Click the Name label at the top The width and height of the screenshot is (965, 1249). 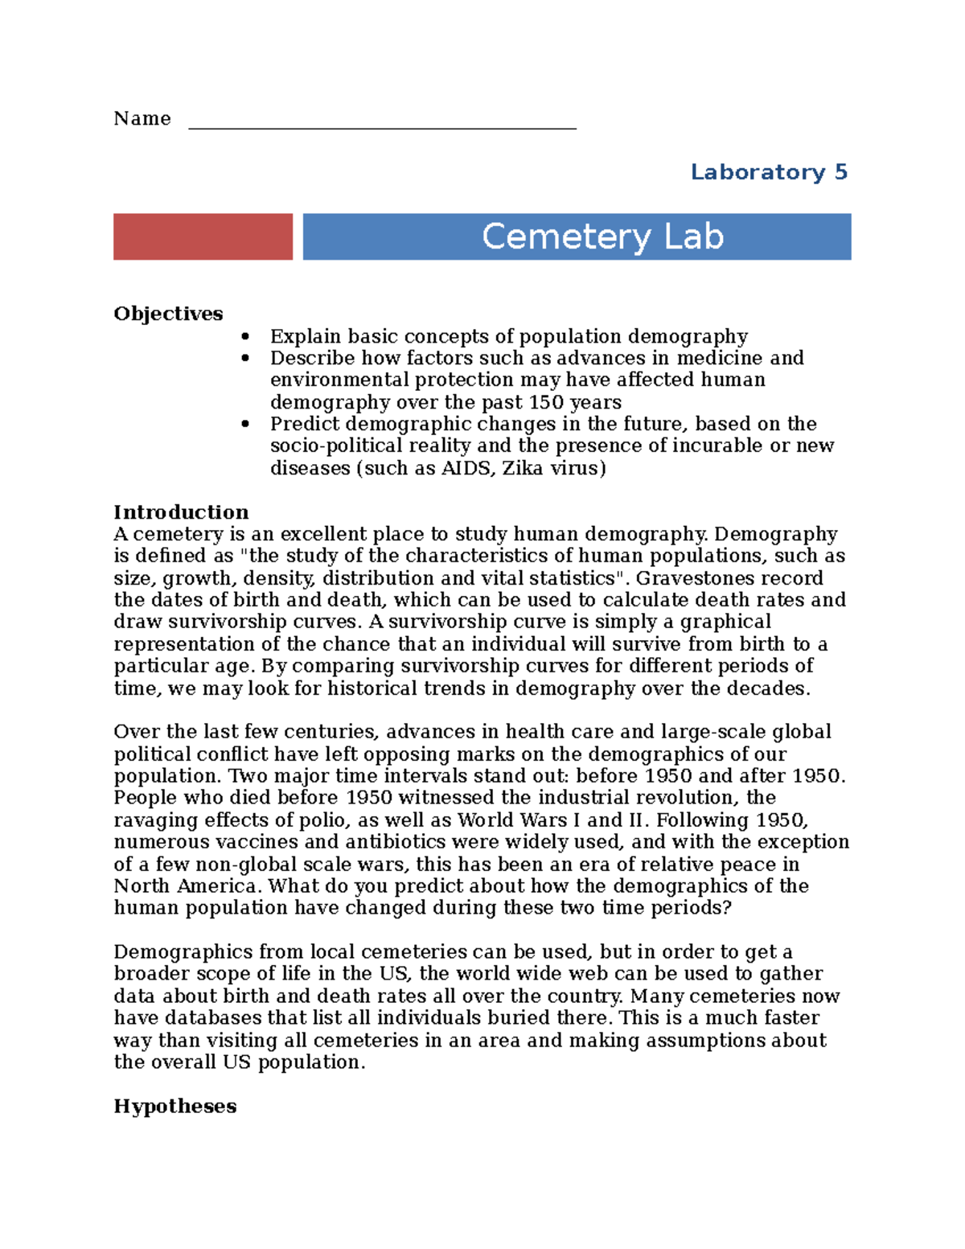(142, 119)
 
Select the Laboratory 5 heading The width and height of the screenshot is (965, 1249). (769, 172)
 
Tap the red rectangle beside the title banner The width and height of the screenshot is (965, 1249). (203, 236)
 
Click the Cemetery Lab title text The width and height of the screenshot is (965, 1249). (602, 236)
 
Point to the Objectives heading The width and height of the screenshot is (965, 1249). (168, 314)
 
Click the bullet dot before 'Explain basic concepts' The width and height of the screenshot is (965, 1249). (245, 337)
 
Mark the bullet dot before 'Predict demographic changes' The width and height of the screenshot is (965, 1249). (245, 425)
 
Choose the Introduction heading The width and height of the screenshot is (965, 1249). (181, 512)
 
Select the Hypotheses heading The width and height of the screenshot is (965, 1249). (175, 1107)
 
